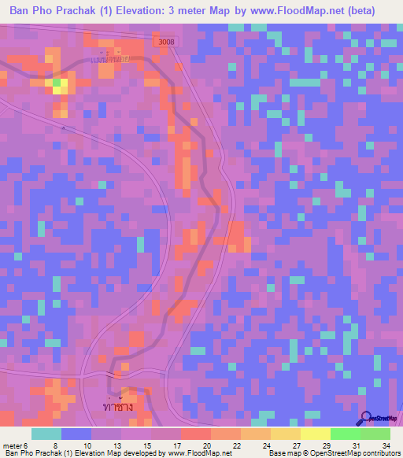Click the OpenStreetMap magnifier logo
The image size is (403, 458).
(367, 419)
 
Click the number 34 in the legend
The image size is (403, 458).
(386, 445)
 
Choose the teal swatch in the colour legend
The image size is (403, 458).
(46, 434)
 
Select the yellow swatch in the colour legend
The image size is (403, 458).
(315, 434)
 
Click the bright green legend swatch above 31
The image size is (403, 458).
(345, 434)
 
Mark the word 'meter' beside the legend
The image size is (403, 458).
(13, 445)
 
